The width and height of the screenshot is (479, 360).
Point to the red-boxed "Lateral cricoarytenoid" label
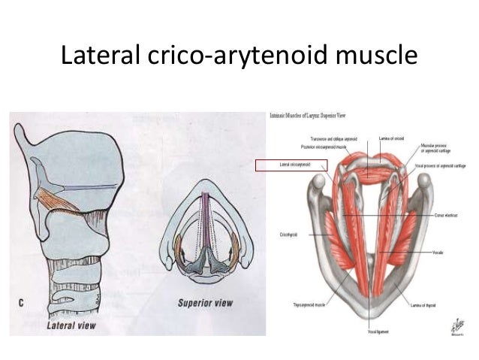[293, 164]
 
